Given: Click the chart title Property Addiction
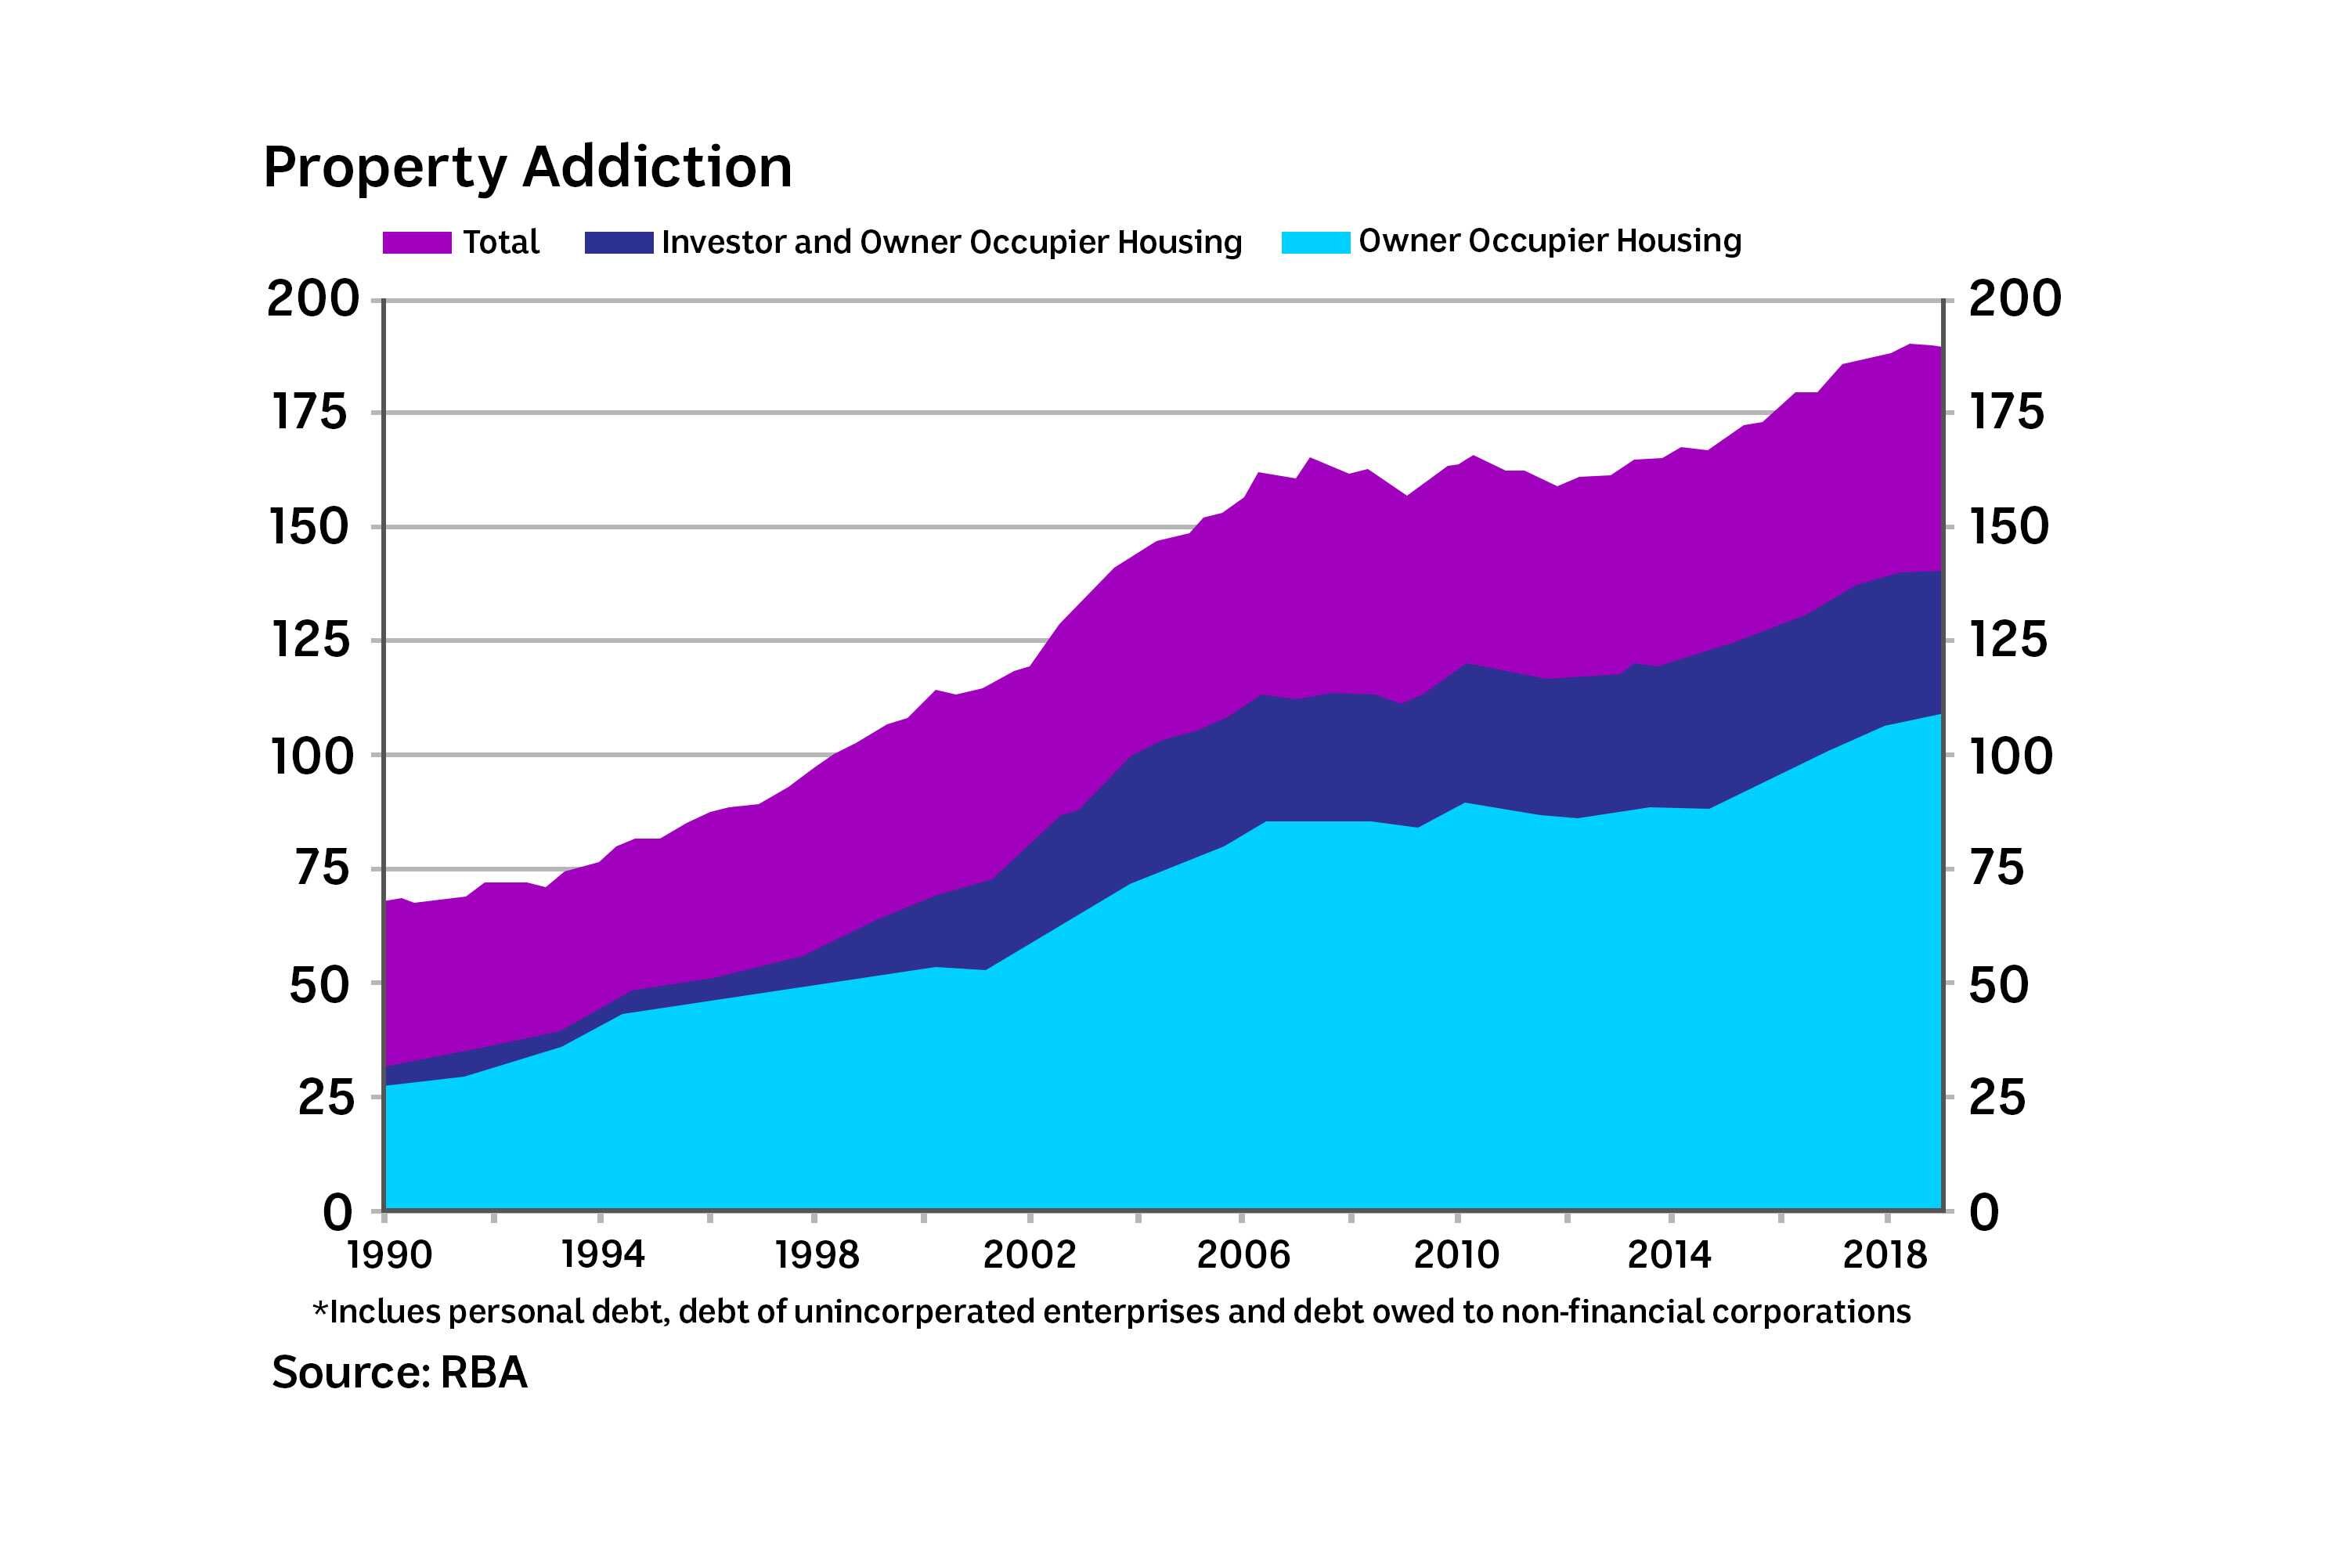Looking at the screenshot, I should (527, 167).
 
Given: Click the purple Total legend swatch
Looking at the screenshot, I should (417, 243).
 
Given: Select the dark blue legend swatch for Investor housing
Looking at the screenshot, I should (619, 243).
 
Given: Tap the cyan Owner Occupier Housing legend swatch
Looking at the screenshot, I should (1315, 243).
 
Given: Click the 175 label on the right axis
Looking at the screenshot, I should (2006, 413).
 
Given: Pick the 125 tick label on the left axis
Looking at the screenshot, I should (312, 640).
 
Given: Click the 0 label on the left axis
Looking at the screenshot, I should (338, 1212).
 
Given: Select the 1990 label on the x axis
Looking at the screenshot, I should (389, 1254).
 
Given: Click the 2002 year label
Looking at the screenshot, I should (1030, 1254).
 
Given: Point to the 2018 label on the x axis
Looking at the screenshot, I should (1885, 1254).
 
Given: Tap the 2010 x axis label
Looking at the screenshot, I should (1456, 1254).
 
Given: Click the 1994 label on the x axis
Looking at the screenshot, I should (602, 1254).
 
